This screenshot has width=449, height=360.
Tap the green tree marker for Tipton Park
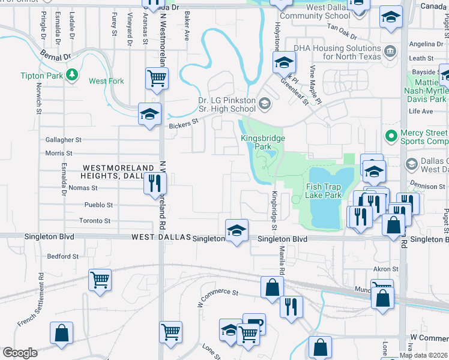[x=72, y=74]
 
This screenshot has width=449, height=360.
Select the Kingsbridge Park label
[x=263, y=142]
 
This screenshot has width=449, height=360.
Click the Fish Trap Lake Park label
[x=324, y=191]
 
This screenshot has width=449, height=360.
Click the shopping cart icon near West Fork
[x=157, y=78]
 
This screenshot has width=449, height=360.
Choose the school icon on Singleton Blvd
[x=237, y=231]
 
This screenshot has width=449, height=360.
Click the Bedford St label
[x=63, y=256]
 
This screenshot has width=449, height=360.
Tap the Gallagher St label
[x=63, y=139]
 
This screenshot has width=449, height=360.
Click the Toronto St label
[x=95, y=221]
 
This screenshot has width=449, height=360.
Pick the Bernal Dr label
[x=56, y=57]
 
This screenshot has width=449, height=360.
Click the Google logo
[x=20, y=353]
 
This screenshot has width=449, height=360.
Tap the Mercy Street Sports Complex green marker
[x=391, y=137]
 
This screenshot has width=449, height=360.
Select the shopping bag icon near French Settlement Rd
[x=61, y=334]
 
